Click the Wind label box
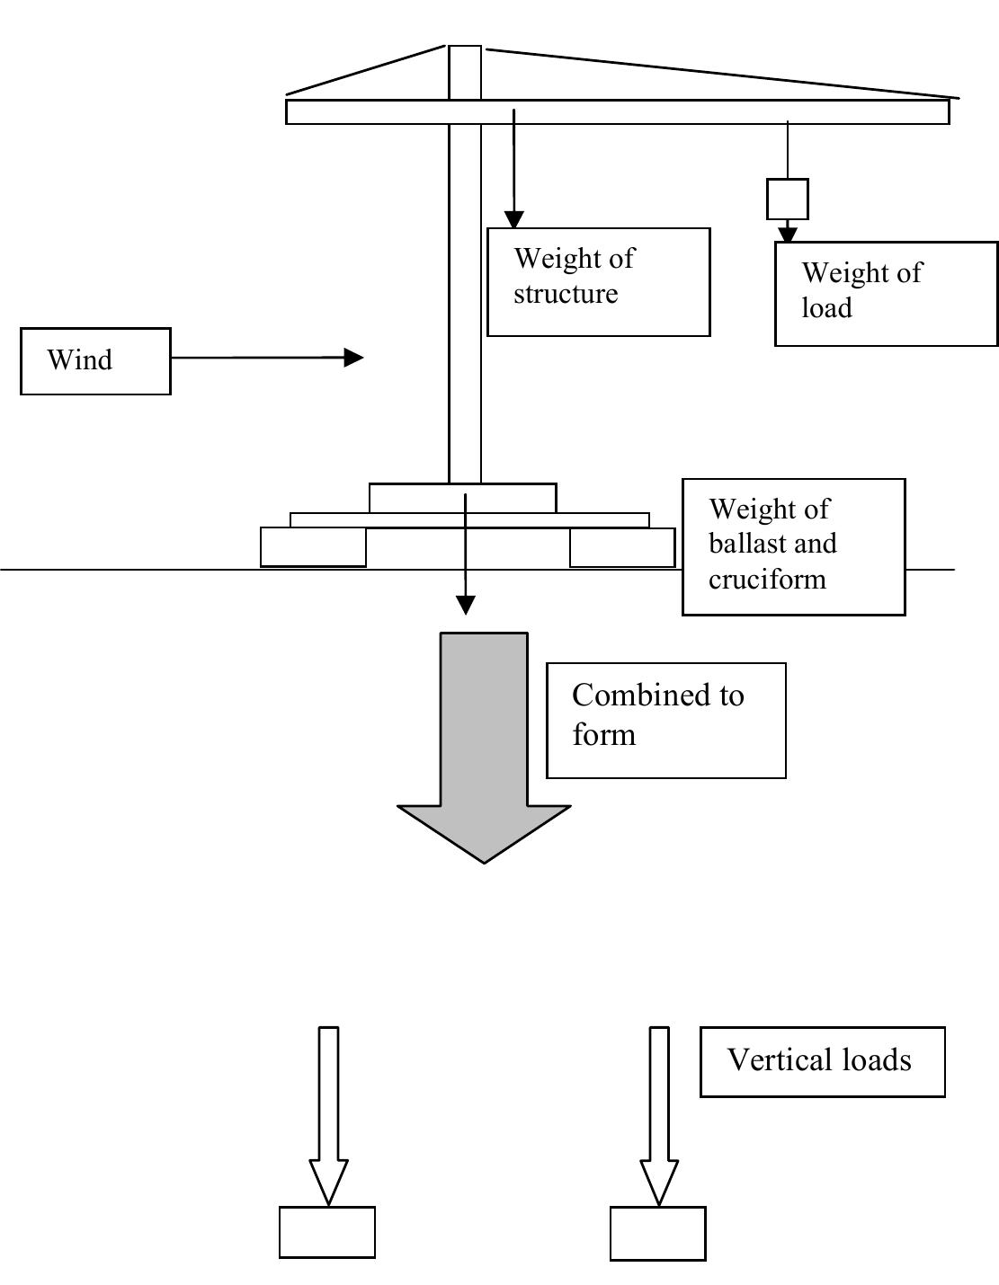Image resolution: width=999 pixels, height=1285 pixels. coord(95,361)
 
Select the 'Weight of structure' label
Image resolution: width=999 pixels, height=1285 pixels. coord(598,282)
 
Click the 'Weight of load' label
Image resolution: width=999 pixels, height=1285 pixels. coord(886,293)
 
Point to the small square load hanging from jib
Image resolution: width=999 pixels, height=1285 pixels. coord(787,199)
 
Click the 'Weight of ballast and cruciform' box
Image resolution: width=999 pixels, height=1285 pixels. coord(793,546)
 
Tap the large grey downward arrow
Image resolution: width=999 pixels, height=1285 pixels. coord(484,746)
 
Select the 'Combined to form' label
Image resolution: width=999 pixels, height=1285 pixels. coord(665,721)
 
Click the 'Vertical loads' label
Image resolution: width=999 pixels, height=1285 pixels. coord(822,1061)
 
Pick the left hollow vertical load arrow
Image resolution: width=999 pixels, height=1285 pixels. coord(329,1114)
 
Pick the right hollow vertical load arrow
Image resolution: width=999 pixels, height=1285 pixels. coord(659,1114)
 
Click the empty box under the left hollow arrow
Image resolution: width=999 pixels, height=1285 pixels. coord(327,1232)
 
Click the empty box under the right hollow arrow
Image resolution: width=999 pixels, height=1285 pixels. coord(657,1233)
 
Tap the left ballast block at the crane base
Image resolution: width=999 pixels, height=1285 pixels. coord(313,547)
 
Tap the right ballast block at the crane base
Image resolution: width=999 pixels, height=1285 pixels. coord(622,547)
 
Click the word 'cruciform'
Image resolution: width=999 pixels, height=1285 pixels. coord(767,579)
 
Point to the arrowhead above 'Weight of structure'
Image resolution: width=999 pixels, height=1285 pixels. coord(513,219)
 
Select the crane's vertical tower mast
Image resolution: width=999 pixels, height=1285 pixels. coord(465,297)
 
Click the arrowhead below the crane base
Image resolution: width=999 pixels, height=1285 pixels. coord(465,605)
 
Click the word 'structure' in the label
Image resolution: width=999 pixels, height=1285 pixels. coord(566,294)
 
